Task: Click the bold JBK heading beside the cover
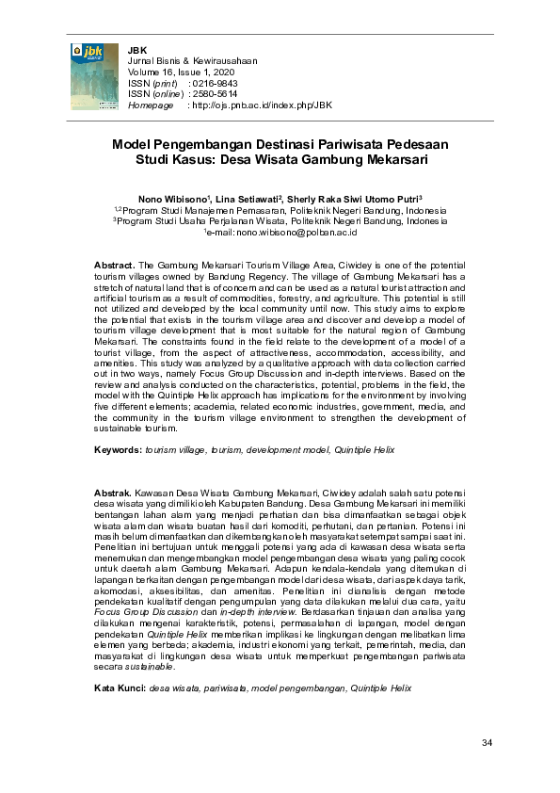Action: tap(137, 48)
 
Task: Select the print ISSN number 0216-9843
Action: tap(209, 83)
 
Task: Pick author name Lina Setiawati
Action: tap(247, 199)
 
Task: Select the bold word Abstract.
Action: tap(115, 267)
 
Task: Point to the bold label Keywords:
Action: tap(118, 451)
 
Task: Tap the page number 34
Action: tap(487, 744)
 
